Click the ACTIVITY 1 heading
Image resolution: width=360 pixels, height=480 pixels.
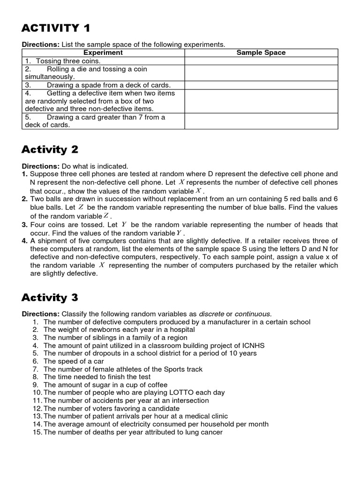pyautogui.click(x=56, y=28)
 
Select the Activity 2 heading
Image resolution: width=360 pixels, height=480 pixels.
pyautogui.click(x=50, y=150)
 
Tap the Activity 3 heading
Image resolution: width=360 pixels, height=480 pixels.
pyautogui.click(x=50, y=297)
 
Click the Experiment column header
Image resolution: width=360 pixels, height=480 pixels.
pyautogui.click(x=103, y=52)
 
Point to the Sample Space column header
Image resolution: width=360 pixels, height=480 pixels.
pyautogui.click(x=261, y=52)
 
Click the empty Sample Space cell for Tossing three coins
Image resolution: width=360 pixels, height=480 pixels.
pyautogui.click(x=261, y=61)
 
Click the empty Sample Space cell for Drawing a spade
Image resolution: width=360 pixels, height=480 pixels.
pyautogui.click(x=261, y=85)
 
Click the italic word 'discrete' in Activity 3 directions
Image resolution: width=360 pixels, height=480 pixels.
pyautogui.click(x=211, y=313)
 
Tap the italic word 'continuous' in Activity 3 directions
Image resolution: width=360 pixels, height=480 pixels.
pyautogui.click(x=253, y=313)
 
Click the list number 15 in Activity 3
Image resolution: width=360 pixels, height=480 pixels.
pyautogui.click(x=37, y=432)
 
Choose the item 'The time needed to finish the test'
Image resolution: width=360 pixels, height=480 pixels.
pyautogui.click(x=97, y=377)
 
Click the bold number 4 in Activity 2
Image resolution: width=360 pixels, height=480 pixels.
pyautogui.click(x=24, y=241)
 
